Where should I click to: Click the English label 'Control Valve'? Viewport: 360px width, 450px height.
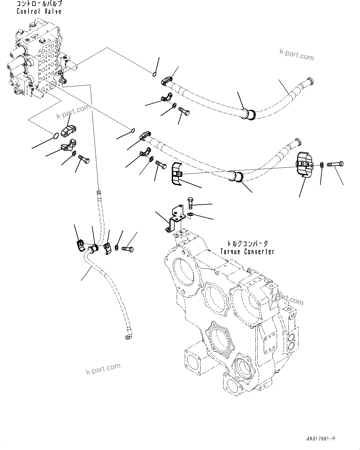pos(39,11)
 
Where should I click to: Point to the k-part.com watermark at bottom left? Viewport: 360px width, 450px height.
pos(103,369)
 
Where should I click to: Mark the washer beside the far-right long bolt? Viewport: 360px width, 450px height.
pos(322,165)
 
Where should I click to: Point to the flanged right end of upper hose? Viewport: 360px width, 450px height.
pos(310,81)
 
